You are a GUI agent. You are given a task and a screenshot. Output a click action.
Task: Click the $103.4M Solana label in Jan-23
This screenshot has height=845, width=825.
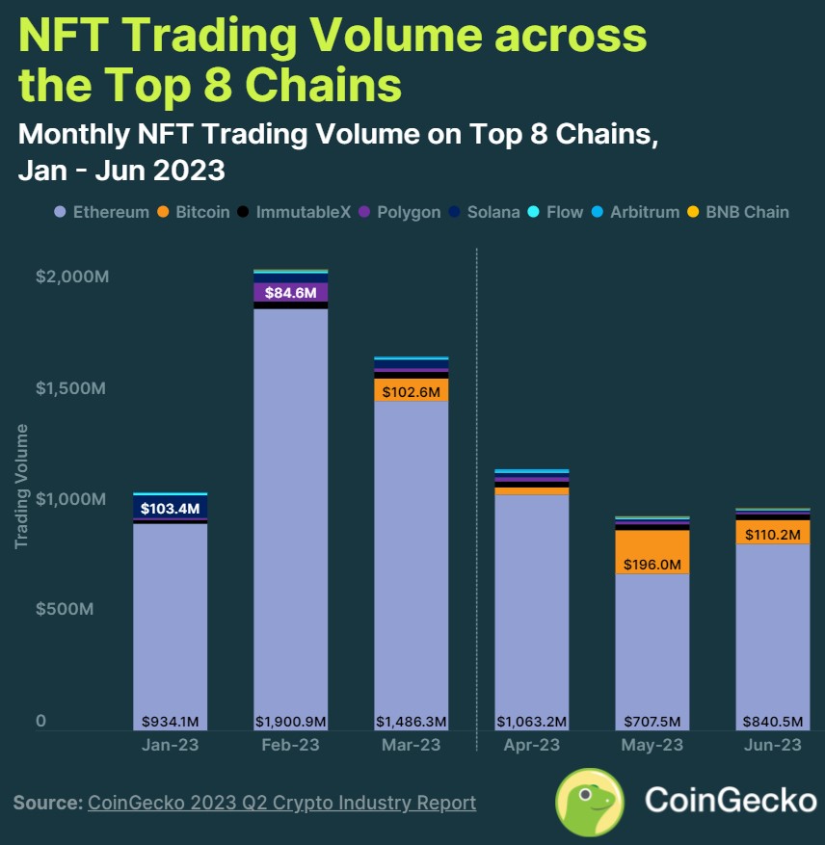[170, 508]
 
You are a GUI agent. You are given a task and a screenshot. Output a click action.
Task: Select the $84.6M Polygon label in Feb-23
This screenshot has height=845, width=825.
[290, 292]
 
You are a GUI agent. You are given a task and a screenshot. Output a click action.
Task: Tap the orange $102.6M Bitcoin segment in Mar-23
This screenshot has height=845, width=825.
[411, 391]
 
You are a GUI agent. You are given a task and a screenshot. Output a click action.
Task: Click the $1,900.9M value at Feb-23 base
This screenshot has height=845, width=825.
[290, 721]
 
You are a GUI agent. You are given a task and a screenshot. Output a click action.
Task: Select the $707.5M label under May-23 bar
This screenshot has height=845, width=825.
[652, 721]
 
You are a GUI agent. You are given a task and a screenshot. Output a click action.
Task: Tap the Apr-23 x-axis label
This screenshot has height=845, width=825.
[531, 746]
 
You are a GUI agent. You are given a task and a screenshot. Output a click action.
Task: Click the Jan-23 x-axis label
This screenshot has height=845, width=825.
[170, 746]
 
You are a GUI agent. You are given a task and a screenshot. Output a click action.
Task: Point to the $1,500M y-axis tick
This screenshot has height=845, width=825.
[71, 387]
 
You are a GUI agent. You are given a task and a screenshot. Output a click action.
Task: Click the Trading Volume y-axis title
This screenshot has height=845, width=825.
[21, 486]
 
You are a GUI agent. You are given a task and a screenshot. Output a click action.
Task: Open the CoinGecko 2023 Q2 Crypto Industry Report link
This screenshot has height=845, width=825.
[281, 803]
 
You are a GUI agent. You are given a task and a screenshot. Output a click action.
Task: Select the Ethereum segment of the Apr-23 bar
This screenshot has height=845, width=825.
[531, 607]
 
